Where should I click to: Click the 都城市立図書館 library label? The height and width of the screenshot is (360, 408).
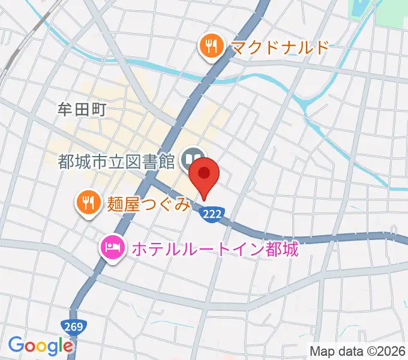116,161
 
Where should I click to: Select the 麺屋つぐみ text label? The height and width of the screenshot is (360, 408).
149,204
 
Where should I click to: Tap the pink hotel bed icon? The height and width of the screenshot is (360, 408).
113,247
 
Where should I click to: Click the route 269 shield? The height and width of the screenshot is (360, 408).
75,327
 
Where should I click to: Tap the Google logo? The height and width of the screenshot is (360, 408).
40,346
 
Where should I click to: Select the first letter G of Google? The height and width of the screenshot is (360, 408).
16,346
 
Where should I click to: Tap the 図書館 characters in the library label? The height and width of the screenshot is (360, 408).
155,161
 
